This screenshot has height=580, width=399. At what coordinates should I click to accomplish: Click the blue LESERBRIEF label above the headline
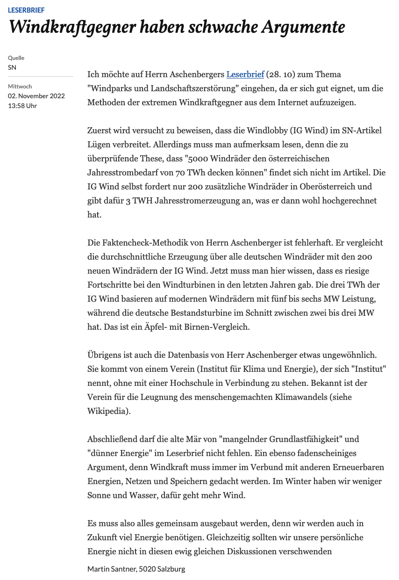point(26,10)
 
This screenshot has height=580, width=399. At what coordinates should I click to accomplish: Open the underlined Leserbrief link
point(245,74)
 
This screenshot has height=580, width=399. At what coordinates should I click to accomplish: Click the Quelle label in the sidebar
point(16,58)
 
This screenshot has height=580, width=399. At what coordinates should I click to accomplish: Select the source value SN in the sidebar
point(12,67)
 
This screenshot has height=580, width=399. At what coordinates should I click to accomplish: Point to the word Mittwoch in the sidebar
point(20,87)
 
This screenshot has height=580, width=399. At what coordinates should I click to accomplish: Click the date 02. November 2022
point(36,96)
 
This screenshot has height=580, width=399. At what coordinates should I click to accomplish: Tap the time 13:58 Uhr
point(22,106)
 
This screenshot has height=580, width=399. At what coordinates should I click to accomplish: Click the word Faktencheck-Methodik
point(142,243)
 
